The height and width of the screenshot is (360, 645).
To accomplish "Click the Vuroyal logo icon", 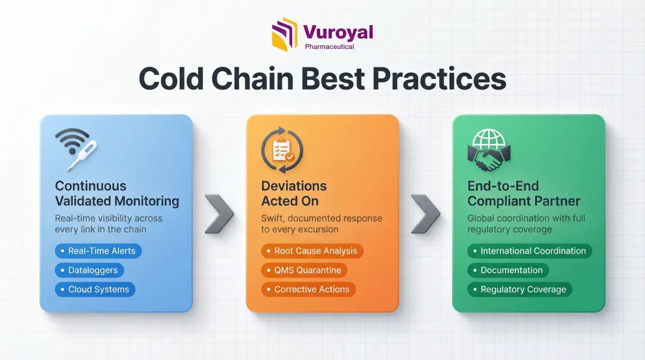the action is pyautogui.click(x=285, y=35).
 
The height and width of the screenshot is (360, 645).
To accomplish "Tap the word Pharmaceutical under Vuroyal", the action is pyautogui.click(x=330, y=47).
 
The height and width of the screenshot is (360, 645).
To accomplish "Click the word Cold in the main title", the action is pyautogui.click(x=171, y=78).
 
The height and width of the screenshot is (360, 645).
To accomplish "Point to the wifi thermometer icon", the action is pyautogui.click(x=76, y=149).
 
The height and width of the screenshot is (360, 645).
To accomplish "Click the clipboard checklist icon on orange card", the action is pyautogui.click(x=282, y=150).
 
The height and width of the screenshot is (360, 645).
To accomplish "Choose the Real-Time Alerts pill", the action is pyautogui.click(x=99, y=251).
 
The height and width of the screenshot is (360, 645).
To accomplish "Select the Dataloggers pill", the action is pyautogui.click(x=89, y=270).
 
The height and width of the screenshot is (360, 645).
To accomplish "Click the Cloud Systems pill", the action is pyautogui.click(x=95, y=290).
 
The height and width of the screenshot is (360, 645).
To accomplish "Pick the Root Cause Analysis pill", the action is pyautogui.click(x=312, y=251).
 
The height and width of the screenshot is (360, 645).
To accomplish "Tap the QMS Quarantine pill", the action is pyautogui.click(x=305, y=270).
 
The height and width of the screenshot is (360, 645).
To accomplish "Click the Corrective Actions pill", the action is pyautogui.click(x=309, y=290).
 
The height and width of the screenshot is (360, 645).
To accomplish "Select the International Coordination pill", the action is pyautogui.click(x=530, y=251).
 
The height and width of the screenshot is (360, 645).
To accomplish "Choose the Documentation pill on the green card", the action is pyautogui.click(x=508, y=270).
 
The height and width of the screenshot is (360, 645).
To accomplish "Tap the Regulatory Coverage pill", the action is pyautogui.click(x=520, y=290).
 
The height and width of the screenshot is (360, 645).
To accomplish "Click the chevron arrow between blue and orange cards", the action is pyautogui.click(x=220, y=214).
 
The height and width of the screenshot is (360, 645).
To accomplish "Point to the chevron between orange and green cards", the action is pyautogui.click(x=426, y=214).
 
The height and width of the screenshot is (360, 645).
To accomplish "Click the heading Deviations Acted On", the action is pyautogui.click(x=294, y=193).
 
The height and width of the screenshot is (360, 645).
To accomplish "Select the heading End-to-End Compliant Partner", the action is pyautogui.click(x=524, y=193).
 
